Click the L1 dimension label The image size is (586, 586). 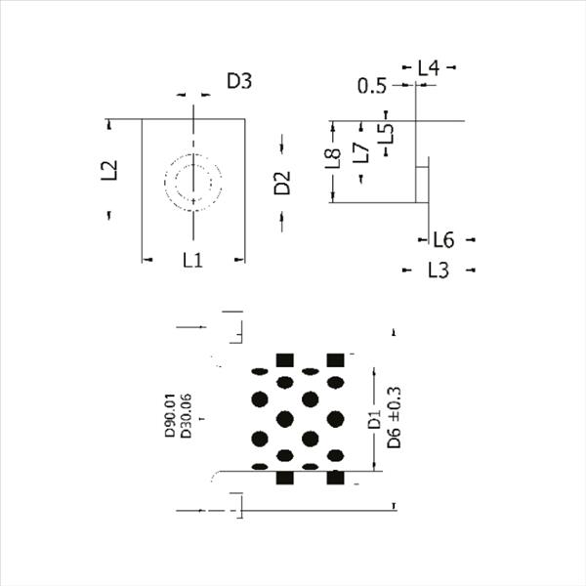click(192, 260)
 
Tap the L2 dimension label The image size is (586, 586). click(109, 170)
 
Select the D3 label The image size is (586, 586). click(239, 81)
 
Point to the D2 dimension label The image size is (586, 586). click(282, 183)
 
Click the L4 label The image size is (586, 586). click(429, 68)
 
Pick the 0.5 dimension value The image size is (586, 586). click(371, 86)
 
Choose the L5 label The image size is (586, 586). click(386, 134)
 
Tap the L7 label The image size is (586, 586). click(361, 153)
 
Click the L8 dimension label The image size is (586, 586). click(333, 158)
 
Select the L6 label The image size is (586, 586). click(443, 240)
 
